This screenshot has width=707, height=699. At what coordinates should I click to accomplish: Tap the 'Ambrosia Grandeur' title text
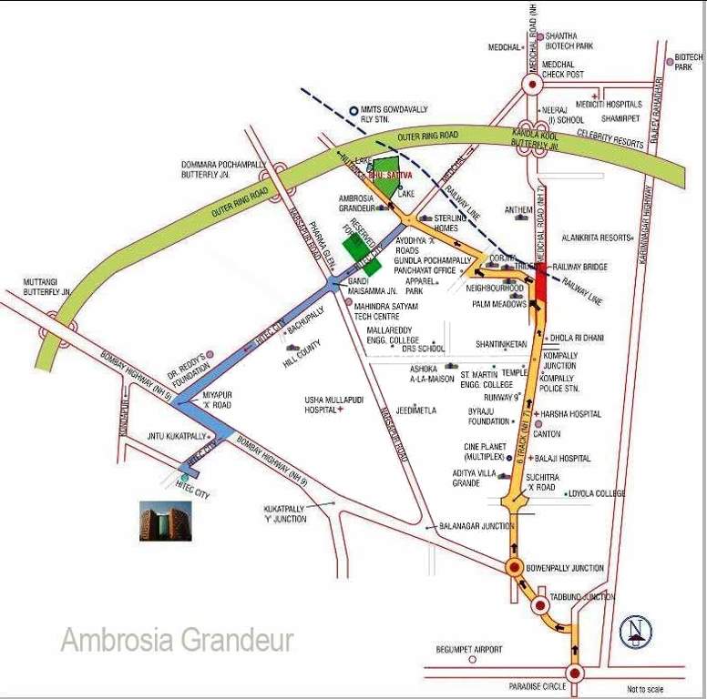pos(178,640)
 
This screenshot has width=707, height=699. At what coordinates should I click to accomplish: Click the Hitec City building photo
pos(166,521)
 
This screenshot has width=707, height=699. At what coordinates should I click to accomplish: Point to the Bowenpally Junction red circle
pos(515,568)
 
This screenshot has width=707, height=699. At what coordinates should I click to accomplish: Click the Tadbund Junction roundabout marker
pos(539,605)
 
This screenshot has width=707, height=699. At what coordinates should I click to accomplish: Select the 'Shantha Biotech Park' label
pos(569,41)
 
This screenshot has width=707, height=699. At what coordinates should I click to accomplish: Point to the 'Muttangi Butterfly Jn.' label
pos(46,288)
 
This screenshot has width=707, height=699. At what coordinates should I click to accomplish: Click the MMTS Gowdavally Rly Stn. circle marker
pos(353,110)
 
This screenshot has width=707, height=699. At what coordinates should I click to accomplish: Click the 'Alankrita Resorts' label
pos(596,238)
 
